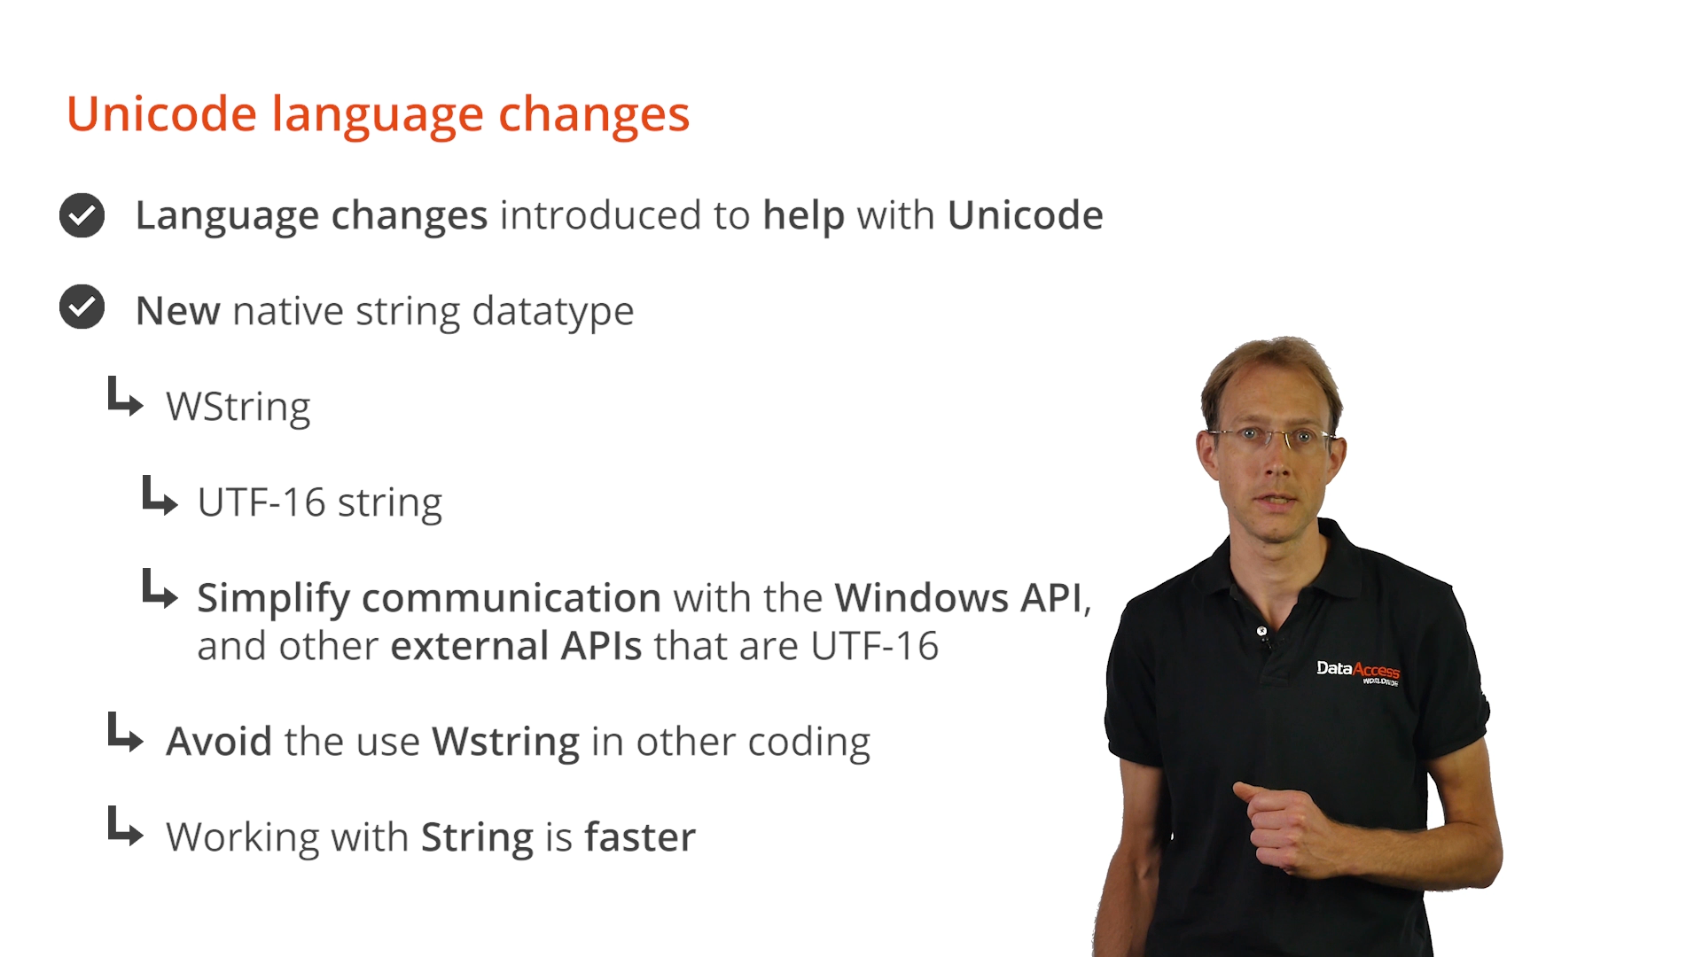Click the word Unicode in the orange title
[162, 114]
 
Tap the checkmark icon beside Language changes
[82, 215]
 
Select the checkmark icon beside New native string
[82, 307]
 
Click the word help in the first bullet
[803, 216]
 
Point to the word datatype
[553, 312]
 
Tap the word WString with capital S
[238, 408]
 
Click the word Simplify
[273, 599]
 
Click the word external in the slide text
[470, 646]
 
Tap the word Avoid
[219, 742]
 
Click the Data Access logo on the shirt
[1357, 672]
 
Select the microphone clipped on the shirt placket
[1262, 633]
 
